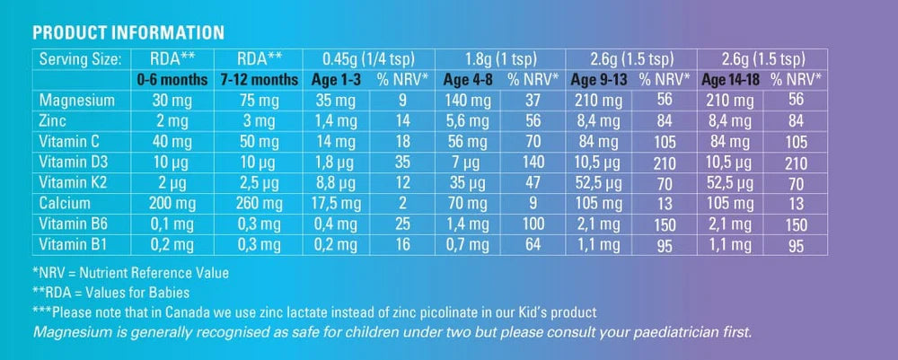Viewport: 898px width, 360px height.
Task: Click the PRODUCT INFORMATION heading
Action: (128, 33)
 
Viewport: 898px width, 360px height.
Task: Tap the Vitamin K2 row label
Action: (75, 181)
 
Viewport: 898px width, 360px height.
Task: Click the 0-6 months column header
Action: (172, 79)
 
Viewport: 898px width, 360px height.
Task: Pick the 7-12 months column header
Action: (260, 79)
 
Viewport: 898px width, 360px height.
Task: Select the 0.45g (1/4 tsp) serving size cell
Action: (368, 59)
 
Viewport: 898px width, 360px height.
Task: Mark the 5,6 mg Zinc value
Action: (468, 121)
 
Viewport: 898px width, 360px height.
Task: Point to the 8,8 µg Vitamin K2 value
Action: (337, 181)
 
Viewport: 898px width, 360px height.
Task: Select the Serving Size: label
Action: (79, 59)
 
